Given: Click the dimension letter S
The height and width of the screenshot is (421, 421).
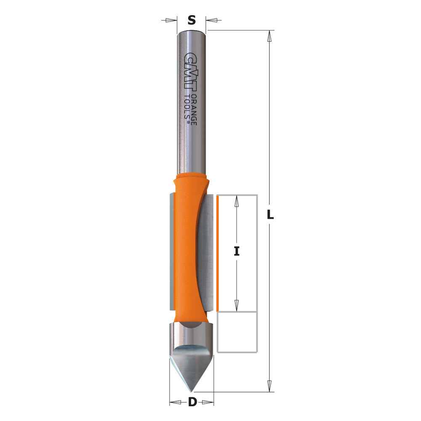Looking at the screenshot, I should coord(192,20).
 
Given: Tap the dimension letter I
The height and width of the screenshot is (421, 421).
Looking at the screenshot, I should coord(237,251).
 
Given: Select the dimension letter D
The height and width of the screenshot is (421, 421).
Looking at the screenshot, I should coord(192,402).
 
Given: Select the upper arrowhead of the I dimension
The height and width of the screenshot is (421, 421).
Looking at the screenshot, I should coord(237,201).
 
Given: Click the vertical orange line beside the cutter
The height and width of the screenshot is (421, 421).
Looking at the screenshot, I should coord(218,253).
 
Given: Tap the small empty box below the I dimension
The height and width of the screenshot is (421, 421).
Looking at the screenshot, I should coord(237,332).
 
